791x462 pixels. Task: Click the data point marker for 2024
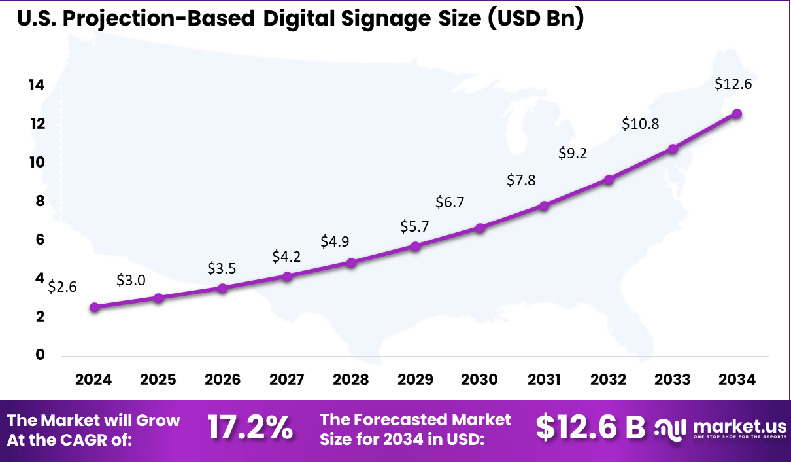(95, 307)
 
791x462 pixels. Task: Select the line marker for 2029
(415, 246)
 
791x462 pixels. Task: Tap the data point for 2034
(737, 113)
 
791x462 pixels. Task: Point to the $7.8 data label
(521, 180)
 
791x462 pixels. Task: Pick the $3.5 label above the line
(222, 268)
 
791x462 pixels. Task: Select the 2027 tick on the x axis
(286, 380)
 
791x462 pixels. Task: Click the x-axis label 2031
(544, 380)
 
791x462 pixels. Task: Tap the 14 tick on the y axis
(35, 85)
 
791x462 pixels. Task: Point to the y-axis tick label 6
(39, 240)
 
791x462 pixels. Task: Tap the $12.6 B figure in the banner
(590, 428)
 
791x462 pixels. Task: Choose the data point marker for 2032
(609, 179)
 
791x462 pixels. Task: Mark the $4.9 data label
(335, 241)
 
